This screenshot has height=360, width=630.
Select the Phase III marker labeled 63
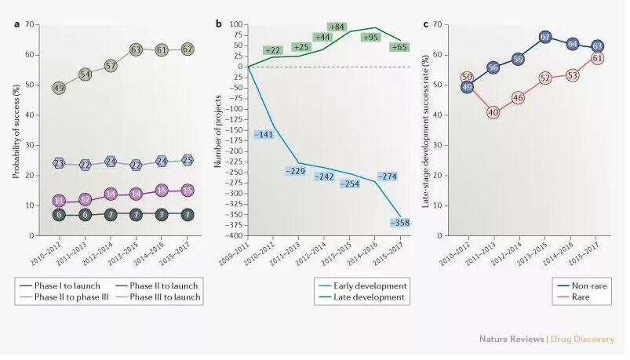137,49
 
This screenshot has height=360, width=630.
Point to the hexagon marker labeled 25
187,160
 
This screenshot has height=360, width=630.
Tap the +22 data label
272,50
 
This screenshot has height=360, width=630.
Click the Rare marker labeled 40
493,113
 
